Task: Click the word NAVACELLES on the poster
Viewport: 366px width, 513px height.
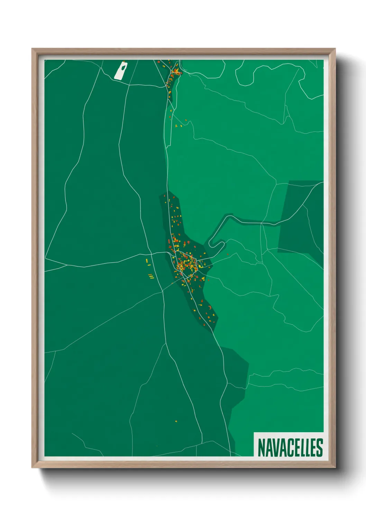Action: click(x=290, y=447)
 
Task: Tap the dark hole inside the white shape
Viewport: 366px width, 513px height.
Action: click(x=122, y=66)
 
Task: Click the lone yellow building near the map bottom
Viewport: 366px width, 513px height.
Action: click(x=176, y=421)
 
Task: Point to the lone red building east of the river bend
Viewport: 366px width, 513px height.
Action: click(x=228, y=254)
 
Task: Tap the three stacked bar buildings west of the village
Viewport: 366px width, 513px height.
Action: click(x=151, y=276)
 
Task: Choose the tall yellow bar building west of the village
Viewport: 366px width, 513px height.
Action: click(x=147, y=260)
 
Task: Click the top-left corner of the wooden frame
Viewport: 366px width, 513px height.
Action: click(x=33, y=50)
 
